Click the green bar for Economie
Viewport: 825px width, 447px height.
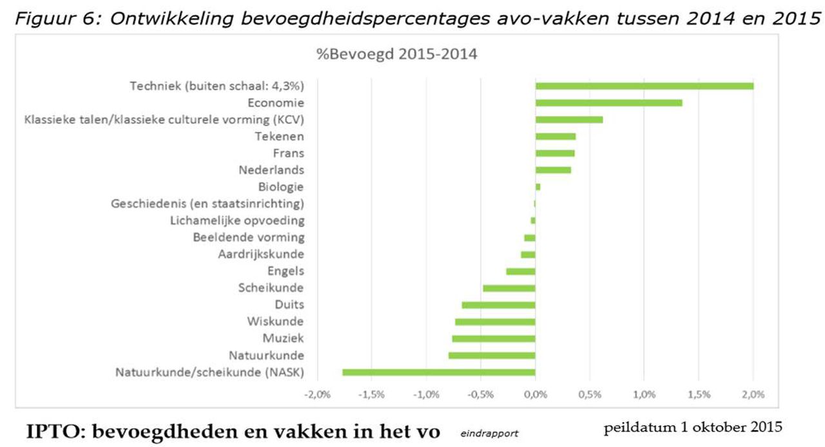[608, 102]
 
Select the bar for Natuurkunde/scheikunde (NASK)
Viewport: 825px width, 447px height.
[439, 372]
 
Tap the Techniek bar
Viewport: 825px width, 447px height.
[645, 86]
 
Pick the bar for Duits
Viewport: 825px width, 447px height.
[498, 305]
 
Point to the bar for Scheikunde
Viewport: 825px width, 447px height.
[509, 288]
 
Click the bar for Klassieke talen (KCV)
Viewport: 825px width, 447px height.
[569, 119]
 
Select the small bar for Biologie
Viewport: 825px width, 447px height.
[538, 187]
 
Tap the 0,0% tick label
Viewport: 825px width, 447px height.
[536, 394]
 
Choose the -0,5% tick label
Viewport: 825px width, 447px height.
[481, 394]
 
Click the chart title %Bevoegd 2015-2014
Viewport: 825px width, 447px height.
[396, 54]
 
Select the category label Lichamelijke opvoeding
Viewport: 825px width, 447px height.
[237, 220]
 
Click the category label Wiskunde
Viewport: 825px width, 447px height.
[275, 321]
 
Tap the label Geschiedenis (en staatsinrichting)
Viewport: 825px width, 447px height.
[208, 204]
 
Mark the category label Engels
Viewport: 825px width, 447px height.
[286, 271]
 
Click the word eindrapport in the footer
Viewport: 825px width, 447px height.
[489, 433]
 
